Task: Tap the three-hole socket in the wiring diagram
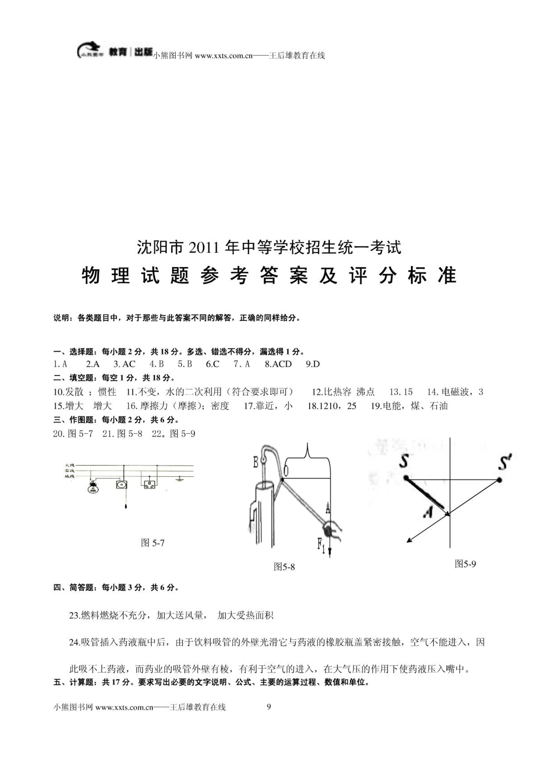(149, 485)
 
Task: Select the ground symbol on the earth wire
(180, 479)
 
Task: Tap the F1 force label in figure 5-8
(321, 544)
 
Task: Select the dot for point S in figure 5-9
(406, 478)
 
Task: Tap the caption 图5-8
(284, 567)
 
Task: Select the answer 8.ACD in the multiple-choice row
(278, 364)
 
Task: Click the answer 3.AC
(124, 364)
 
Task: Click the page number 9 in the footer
(269, 707)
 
